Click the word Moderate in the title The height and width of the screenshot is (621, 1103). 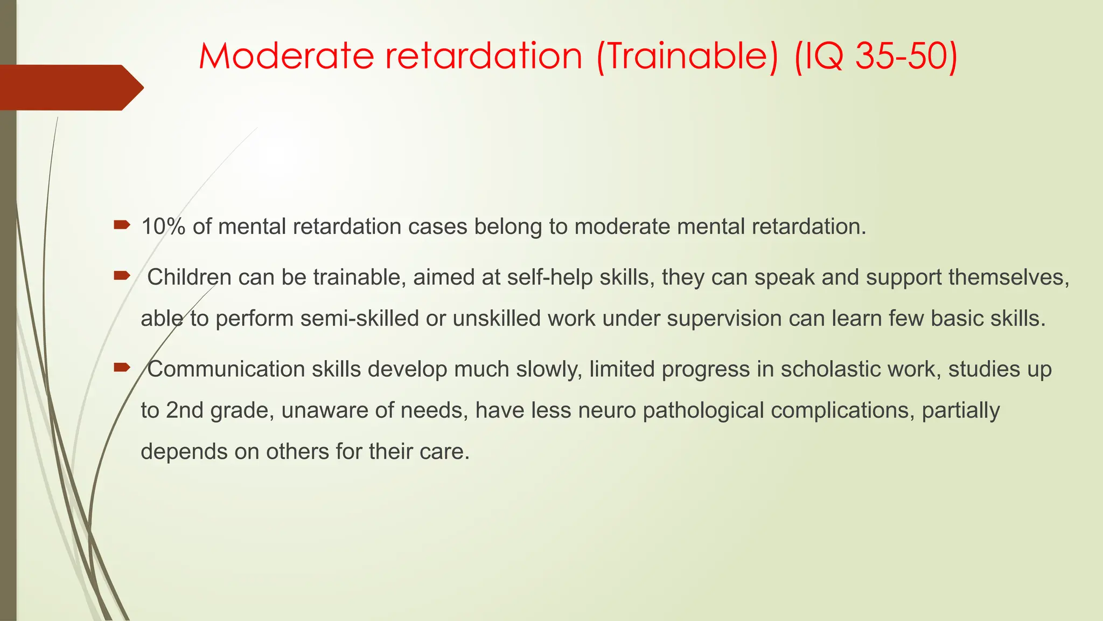tap(286, 56)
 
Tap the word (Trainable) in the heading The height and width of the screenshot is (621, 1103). tap(687, 56)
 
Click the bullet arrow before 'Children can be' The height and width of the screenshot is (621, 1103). tap(122, 276)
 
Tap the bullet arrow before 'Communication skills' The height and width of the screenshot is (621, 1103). tap(122, 368)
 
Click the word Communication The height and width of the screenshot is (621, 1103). tap(226, 369)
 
